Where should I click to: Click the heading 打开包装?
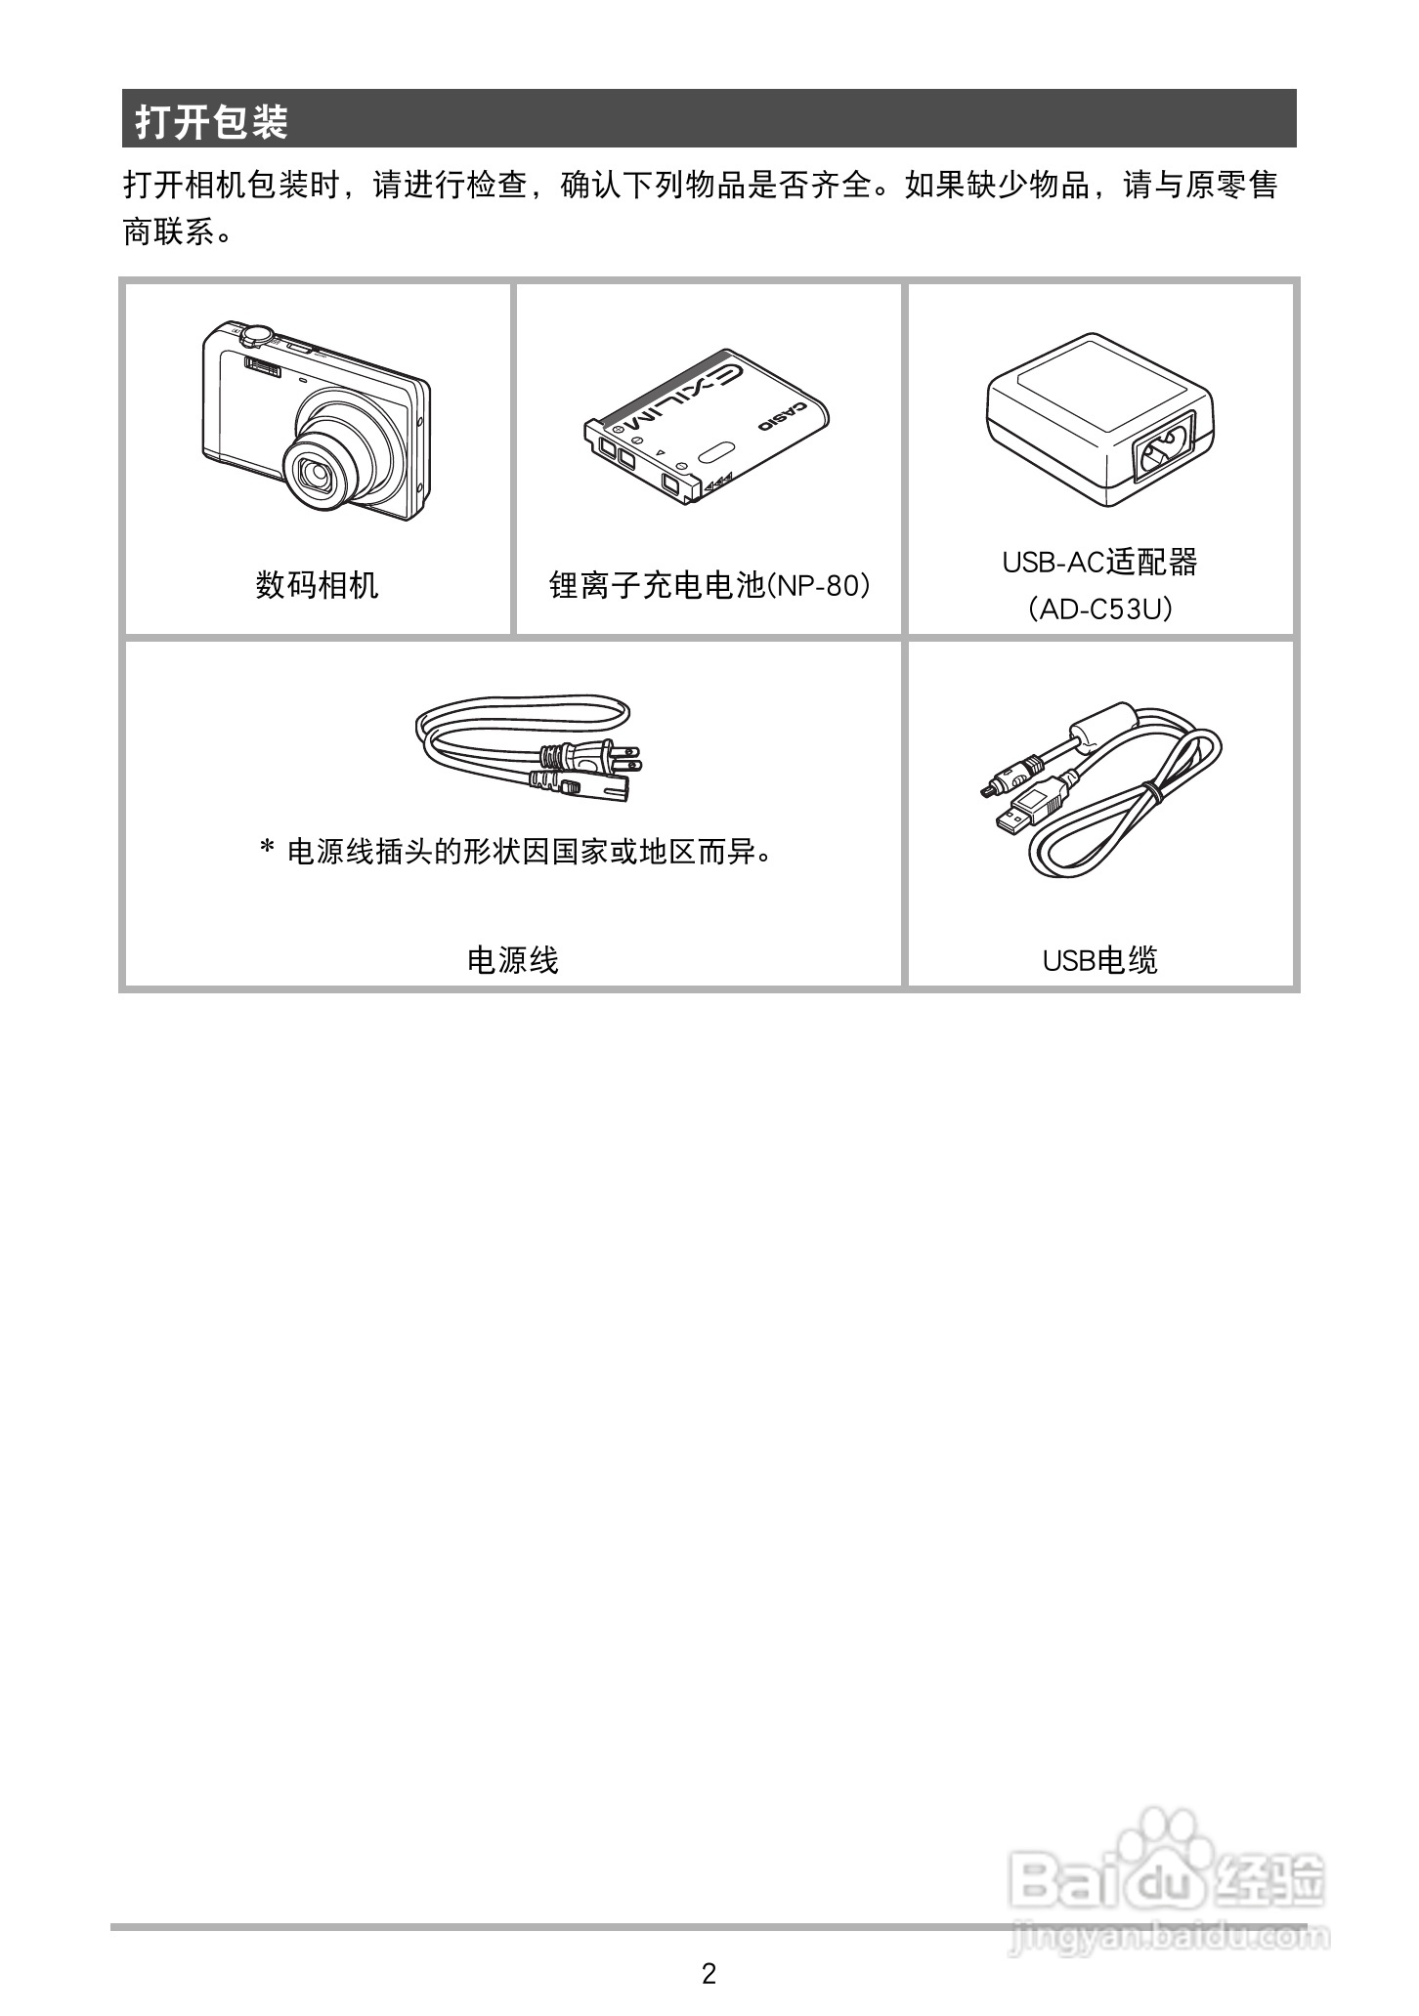coord(212,122)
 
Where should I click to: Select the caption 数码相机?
coord(317,585)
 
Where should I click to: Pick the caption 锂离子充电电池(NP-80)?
coord(709,585)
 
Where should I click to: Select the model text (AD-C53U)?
coord(1099,609)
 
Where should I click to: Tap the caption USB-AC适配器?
coord(1099,563)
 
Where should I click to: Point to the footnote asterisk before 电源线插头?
coord(267,850)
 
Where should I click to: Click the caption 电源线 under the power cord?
coord(512,960)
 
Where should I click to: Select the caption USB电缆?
coord(1099,960)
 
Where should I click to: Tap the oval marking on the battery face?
coord(717,452)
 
